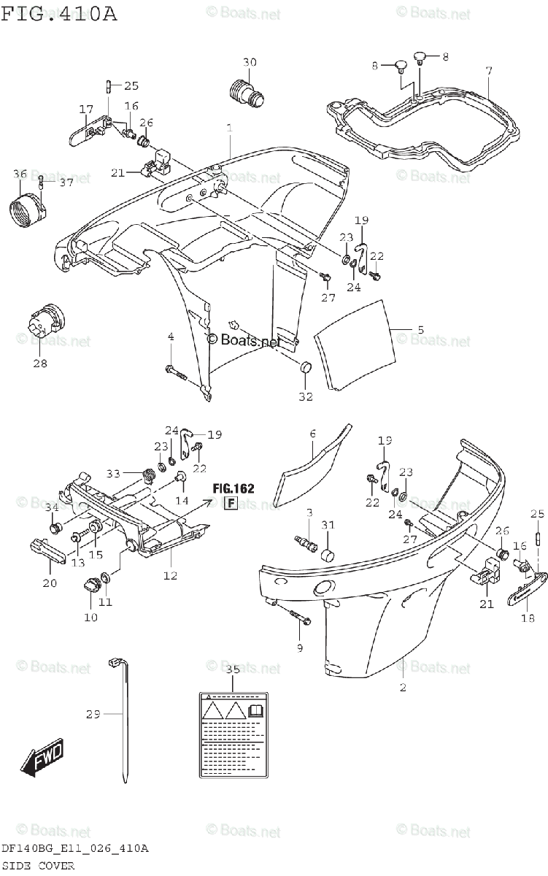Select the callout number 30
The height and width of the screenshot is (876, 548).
click(x=250, y=63)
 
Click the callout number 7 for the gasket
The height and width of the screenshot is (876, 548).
click(x=489, y=71)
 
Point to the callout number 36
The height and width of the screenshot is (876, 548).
click(x=20, y=174)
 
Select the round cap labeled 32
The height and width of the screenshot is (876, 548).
click(x=305, y=367)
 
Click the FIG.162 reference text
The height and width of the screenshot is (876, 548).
click(x=234, y=488)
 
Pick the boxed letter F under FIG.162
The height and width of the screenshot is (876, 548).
click(x=230, y=503)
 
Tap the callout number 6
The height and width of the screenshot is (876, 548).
click(x=312, y=434)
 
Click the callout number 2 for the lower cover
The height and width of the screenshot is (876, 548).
click(x=402, y=687)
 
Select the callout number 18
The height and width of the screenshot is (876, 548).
click(x=528, y=618)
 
